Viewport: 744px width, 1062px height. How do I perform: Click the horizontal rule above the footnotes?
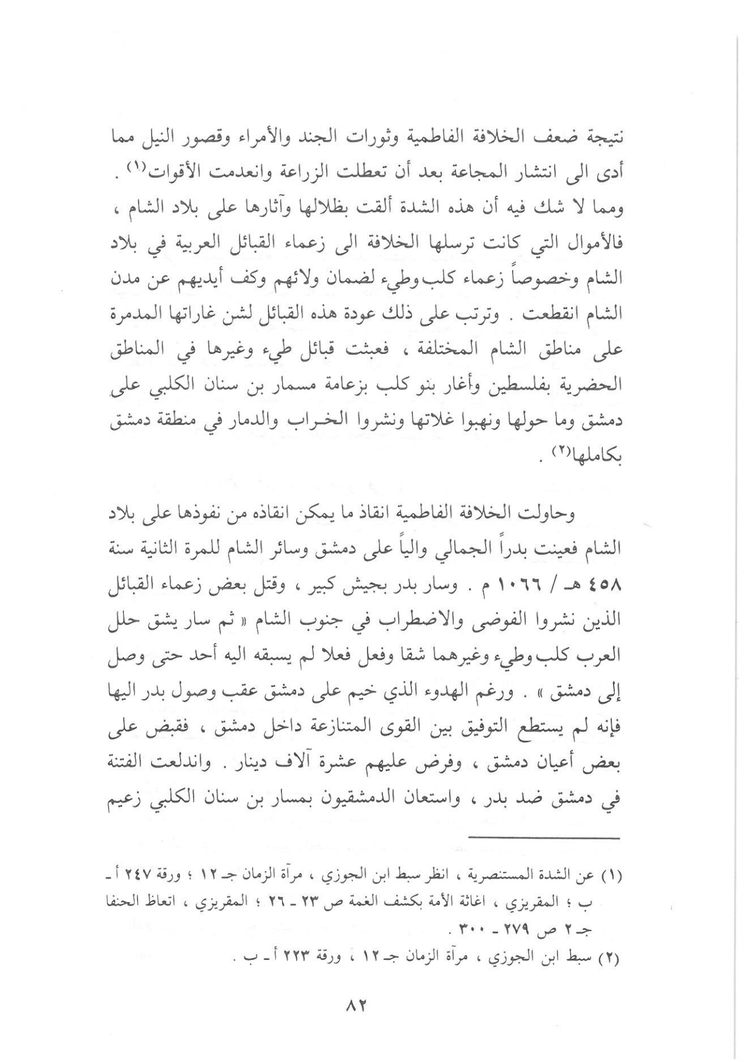click(543, 838)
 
